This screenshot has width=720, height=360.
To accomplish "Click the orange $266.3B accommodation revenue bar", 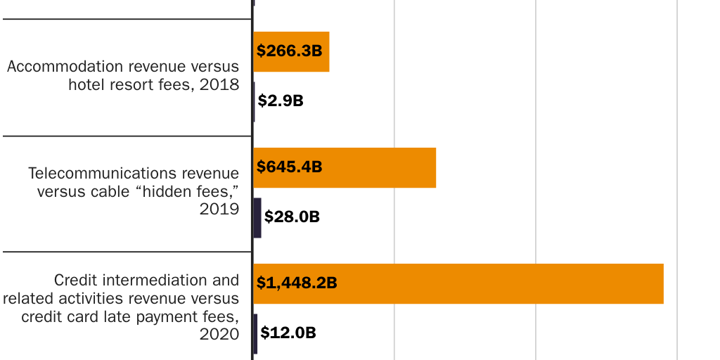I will [x=309, y=51].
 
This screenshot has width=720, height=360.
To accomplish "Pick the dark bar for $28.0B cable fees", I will [x=257, y=217].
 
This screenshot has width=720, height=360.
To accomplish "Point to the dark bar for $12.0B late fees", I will [x=255, y=333].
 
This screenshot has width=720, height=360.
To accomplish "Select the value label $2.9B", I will [x=281, y=101].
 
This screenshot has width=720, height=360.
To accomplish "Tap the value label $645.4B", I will [x=289, y=167].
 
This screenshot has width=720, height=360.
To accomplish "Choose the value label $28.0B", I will [x=292, y=217].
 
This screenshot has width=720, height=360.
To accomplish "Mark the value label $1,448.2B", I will [x=297, y=283].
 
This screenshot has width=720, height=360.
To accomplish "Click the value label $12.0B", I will [x=288, y=333].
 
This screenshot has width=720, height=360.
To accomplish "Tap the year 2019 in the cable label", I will [x=220, y=209].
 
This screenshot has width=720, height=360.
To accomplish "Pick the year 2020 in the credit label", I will [x=220, y=334].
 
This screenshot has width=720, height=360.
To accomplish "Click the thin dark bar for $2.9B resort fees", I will [x=254, y=101].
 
